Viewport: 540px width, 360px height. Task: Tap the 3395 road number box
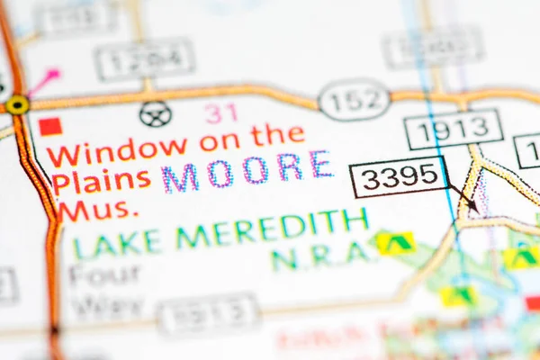398,176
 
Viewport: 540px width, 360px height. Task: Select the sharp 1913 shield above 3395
453,129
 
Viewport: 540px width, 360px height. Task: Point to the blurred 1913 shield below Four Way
208,314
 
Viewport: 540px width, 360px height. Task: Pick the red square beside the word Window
50,126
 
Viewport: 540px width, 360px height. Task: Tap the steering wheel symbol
155,113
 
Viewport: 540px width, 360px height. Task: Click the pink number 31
220,112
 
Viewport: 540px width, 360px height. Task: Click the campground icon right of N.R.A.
394,242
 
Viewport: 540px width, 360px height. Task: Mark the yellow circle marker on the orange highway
16,105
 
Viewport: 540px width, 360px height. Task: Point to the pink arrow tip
55,71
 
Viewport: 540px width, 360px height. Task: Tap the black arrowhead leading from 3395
473,208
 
